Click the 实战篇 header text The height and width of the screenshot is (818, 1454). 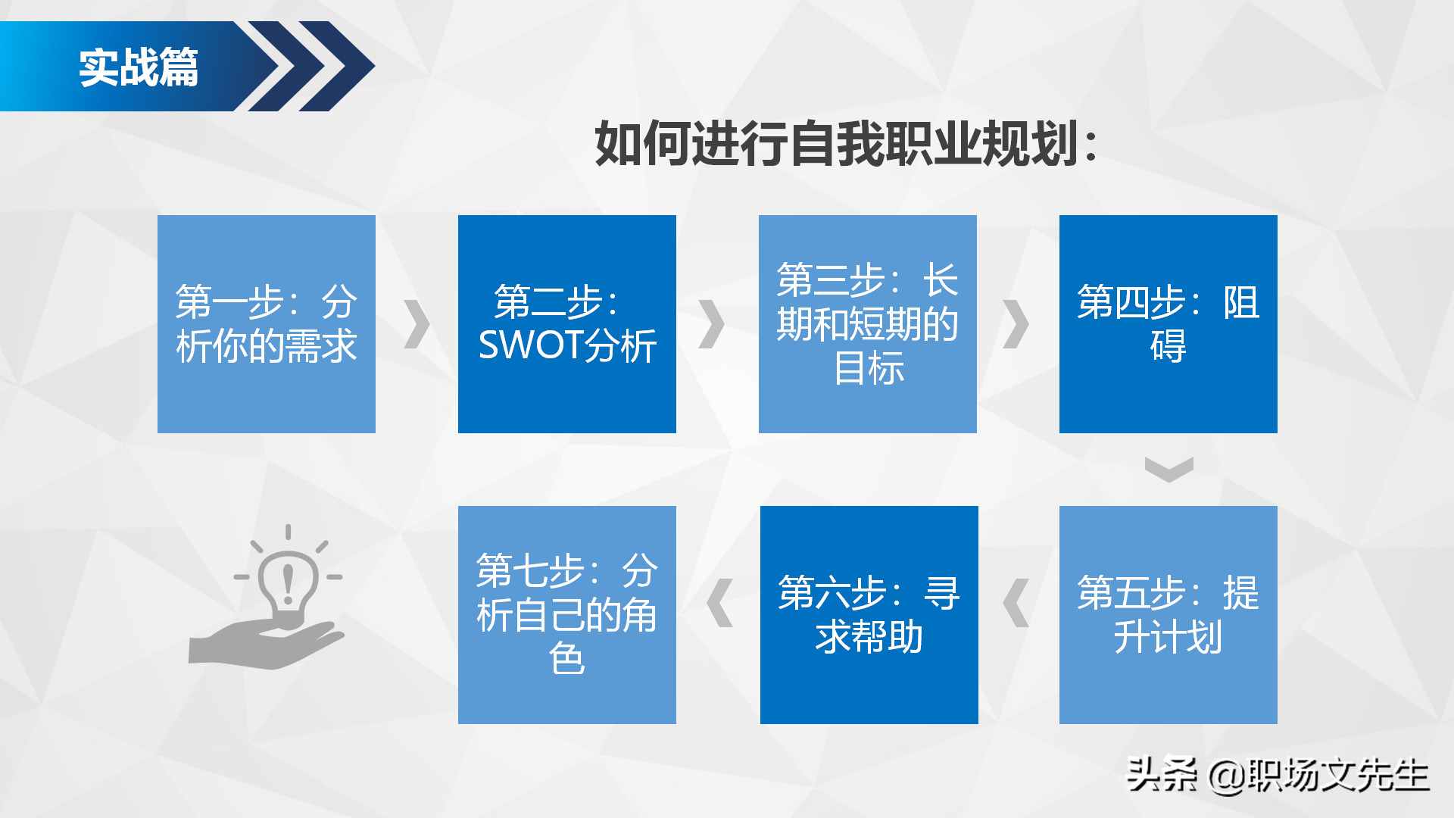coord(139,67)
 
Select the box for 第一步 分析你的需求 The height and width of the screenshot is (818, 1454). coord(266,324)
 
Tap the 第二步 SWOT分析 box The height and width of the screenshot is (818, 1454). coord(566,324)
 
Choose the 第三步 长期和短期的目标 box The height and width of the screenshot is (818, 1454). coord(867,324)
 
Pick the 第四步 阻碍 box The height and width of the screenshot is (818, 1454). coord(1168,324)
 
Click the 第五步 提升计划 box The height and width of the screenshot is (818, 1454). coord(1168,615)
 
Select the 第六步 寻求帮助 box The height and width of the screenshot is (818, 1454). coord(869,615)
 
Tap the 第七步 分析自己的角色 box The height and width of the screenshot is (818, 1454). coord(566,615)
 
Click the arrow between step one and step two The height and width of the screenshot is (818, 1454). coord(417,324)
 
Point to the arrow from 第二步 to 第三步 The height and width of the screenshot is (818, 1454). coord(711,324)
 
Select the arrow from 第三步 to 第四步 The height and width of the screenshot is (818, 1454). coord(1016,324)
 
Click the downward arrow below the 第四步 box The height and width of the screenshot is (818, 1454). coord(1169,469)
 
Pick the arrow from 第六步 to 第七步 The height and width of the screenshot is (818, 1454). coord(719,603)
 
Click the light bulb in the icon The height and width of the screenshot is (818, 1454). coord(288,583)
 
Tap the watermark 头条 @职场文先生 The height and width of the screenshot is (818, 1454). coord(1278,775)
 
